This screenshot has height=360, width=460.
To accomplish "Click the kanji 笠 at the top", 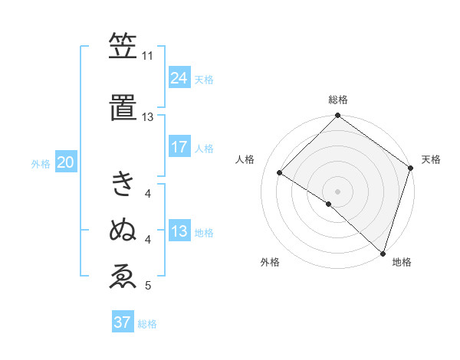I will pyautogui.click(x=123, y=47).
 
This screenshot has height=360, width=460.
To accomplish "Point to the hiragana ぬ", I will pyautogui.click(x=123, y=230).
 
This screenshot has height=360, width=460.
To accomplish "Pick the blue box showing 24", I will pyautogui.click(x=179, y=77).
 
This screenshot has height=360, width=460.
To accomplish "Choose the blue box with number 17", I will pyautogui.click(x=179, y=147).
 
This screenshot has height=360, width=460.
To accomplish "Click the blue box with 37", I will pyautogui.click(x=122, y=322).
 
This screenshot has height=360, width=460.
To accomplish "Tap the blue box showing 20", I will pyautogui.click(x=65, y=162).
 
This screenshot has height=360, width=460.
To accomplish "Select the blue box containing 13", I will pyautogui.click(x=179, y=231).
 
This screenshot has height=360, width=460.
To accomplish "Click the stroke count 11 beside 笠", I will pyautogui.click(x=147, y=56).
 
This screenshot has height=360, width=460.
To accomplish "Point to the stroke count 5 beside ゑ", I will pyautogui.click(x=147, y=286).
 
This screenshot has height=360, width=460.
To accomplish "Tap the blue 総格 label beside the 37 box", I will pyautogui.click(x=147, y=324).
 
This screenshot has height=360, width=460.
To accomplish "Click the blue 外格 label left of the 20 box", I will pyautogui.click(x=41, y=163).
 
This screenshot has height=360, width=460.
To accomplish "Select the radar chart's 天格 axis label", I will pyautogui.click(x=431, y=159).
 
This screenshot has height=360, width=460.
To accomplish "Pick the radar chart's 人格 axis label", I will pyautogui.click(x=245, y=159).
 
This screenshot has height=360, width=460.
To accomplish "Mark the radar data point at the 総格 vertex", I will pyautogui.click(x=337, y=116).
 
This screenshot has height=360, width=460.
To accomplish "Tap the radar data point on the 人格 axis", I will pyautogui.click(x=280, y=173).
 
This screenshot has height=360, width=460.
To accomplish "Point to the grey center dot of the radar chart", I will pyautogui.click(x=337, y=191).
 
